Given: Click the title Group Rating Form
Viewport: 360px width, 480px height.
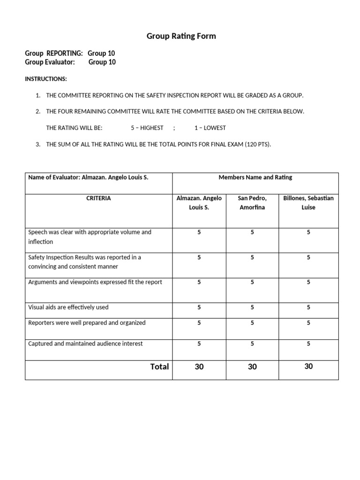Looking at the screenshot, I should click(x=181, y=36).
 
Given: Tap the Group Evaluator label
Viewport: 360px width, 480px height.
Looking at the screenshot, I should click(x=50, y=62).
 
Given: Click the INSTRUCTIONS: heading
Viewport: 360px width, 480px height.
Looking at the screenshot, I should click(x=46, y=79).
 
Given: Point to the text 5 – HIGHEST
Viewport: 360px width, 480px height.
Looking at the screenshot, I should click(x=147, y=127).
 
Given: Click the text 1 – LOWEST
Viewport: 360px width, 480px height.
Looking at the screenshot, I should click(x=210, y=127).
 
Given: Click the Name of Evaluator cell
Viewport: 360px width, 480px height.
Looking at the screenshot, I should click(x=88, y=178).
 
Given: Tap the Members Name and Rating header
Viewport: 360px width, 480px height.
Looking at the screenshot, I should click(x=255, y=177).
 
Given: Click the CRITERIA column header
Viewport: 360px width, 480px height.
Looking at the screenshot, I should click(x=98, y=198).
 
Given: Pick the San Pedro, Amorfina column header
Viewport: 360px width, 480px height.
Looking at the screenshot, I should click(x=252, y=202).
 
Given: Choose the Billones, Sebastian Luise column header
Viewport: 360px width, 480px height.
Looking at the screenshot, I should click(x=308, y=202).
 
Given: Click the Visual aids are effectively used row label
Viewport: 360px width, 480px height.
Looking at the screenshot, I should click(x=68, y=307).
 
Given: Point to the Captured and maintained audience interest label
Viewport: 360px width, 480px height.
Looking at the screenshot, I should click(x=85, y=344).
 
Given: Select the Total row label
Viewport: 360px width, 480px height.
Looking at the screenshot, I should click(x=159, y=367).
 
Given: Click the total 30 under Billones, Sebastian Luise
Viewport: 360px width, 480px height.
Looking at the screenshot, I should click(x=308, y=367).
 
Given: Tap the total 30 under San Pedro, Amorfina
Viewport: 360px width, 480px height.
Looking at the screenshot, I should click(x=252, y=367).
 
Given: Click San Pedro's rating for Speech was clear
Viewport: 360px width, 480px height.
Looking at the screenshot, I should click(x=252, y=232).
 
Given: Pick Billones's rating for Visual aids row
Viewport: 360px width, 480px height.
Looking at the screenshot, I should click(x=308, y=307).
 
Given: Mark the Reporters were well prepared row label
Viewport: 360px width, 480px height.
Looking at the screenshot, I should click(x=87, y=322).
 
